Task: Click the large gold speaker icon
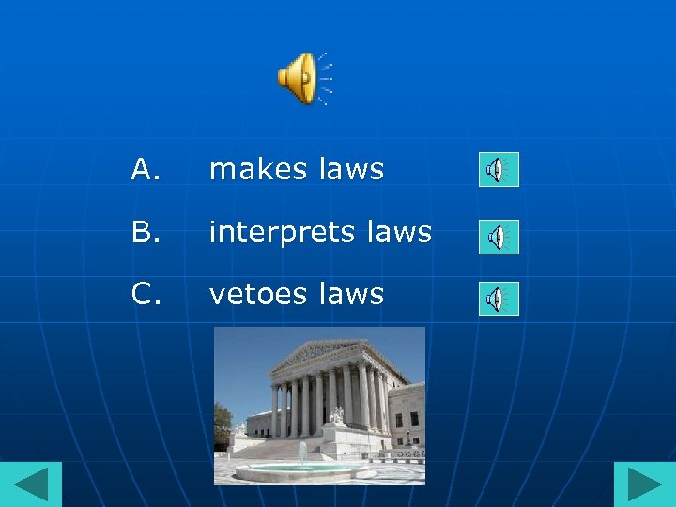(x=299, y=78)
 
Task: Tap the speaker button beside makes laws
(x=499, y=170)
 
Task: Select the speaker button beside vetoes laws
(x=499, y=300)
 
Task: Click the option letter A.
(x=145, y=170)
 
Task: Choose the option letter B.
(x=145, y=232)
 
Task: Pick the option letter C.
(x=145, y=295)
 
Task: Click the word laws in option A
(x=351, y=170)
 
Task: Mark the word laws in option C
(x=351, y=295)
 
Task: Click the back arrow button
(x=31, y=484)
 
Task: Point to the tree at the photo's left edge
(x=222, y=422)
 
